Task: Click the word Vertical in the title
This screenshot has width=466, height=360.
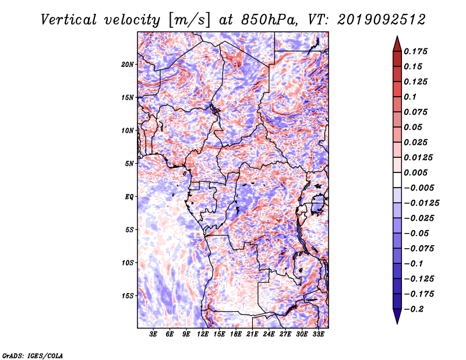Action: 69,20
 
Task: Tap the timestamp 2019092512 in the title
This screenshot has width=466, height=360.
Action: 382,20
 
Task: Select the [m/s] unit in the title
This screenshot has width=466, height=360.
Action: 189,20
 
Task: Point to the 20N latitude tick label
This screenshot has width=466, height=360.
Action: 128,65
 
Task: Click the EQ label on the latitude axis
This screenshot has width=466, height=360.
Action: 129,197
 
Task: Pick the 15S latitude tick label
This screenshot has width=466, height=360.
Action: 128,296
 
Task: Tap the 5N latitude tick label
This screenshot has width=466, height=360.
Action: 129,164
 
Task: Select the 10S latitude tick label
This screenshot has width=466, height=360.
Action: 128,263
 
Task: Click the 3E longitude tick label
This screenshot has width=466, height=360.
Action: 153,334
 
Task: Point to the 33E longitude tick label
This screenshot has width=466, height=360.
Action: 318,334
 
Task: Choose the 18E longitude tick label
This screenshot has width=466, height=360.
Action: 236,334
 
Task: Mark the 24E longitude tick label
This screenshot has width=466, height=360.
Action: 269,334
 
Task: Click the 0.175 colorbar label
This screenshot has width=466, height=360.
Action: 415,51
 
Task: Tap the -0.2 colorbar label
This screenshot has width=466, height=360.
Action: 414,309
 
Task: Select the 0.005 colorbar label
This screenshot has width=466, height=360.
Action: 415,172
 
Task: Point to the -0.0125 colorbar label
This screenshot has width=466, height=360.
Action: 421,203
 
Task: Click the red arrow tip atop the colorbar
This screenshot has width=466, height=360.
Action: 397,37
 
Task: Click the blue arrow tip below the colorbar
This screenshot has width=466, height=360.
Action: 397,323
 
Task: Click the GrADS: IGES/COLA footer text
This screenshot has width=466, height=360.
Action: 33,356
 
